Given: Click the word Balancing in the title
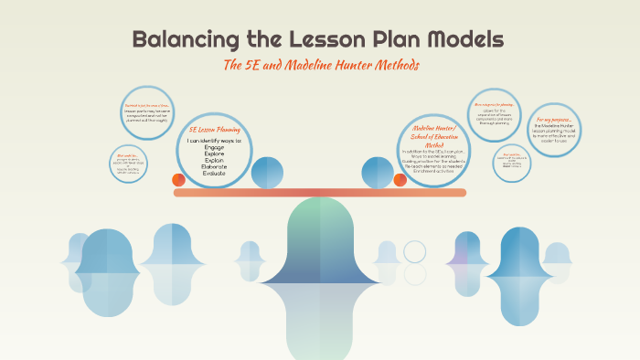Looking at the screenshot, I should (187, 39).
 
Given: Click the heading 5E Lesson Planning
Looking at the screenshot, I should (215, 129).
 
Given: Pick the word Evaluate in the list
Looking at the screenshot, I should (214, 173).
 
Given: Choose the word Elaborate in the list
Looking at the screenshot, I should (214, 166).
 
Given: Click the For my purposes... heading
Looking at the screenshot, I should (554, 120).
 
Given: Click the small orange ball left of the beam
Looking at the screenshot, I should (179, 180).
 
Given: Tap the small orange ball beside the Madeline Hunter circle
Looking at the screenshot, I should (400, 179).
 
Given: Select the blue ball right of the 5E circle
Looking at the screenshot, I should (267, 172).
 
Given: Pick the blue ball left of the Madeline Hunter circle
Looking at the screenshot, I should (378, 172).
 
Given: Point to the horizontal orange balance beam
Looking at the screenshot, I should (319, 193).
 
